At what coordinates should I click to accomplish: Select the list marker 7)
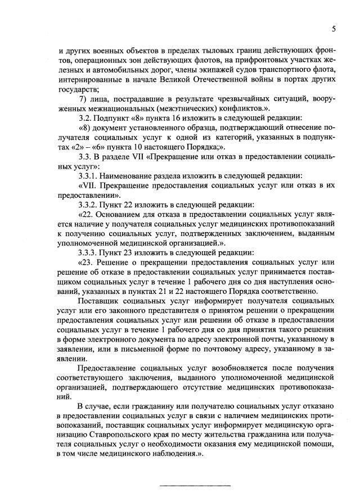tap(83, 99)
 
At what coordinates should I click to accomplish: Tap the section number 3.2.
tap(86, 119)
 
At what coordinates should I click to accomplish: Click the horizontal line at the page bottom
tap(195, 485)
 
